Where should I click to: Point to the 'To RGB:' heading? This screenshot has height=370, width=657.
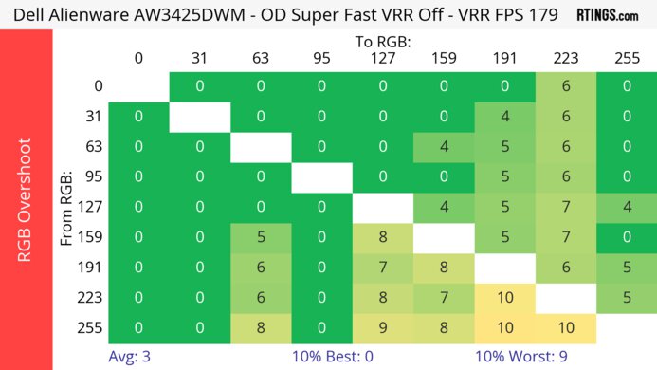(383, 42)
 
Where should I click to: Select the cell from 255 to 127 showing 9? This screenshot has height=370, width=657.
(383, 328)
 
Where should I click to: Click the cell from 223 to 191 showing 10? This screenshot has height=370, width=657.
(505, 298)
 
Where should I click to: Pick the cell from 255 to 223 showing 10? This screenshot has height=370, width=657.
(566, 328)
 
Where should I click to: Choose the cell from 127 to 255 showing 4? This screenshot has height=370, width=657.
(627, 207)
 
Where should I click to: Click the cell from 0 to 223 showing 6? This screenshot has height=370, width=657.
(566, 86)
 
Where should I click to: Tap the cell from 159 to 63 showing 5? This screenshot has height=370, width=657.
(261, 237)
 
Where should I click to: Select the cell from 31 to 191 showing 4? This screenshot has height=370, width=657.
(505, 117)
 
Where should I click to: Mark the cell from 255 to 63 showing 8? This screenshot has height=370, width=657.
(261, 328)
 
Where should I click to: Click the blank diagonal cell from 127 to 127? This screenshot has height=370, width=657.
(383, 207)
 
